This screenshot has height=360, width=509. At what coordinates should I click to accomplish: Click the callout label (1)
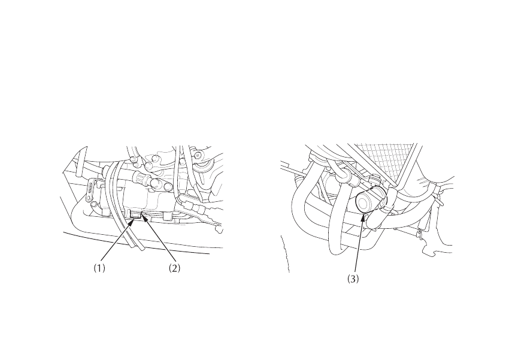99,269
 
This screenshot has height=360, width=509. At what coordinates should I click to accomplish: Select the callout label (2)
174,269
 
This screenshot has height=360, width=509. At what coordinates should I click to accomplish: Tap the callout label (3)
353,279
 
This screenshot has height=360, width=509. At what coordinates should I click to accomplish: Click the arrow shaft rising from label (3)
358,246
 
